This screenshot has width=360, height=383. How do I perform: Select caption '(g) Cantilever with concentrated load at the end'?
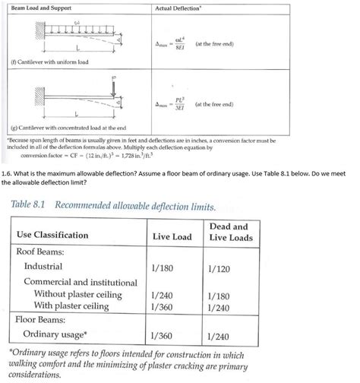tap(66, 130)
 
